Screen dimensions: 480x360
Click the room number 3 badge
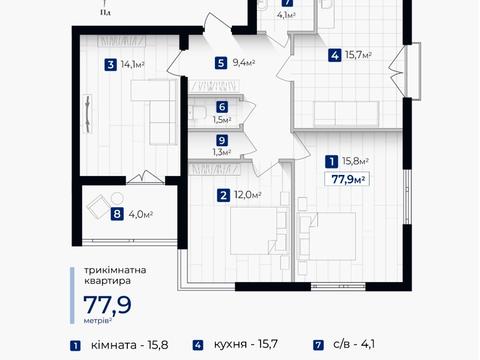(111, 64)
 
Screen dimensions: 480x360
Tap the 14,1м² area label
(132, 64)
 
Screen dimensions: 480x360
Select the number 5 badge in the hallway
(221, 63)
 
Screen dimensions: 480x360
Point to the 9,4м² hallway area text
(244, 63)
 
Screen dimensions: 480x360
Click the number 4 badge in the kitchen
(335, 55)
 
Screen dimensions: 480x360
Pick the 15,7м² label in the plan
(358, 55)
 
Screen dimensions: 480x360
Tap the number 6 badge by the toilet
(222, 107)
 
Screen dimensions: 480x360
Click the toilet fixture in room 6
(197, 112)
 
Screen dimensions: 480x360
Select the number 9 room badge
(222, 140)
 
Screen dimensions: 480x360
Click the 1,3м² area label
(222, 152)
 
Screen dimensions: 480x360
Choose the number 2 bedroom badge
(223, 195)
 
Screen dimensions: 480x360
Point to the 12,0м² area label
(247, 195)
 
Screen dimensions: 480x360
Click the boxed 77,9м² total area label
(347, 179)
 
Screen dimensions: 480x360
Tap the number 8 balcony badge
(117, 214)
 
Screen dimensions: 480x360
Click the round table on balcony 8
(117, 199)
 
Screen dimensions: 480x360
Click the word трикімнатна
(115, 270)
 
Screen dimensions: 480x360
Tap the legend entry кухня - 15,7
(246, 344)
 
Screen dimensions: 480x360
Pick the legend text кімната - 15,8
(129, 345)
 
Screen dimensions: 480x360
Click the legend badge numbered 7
(318, 345)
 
